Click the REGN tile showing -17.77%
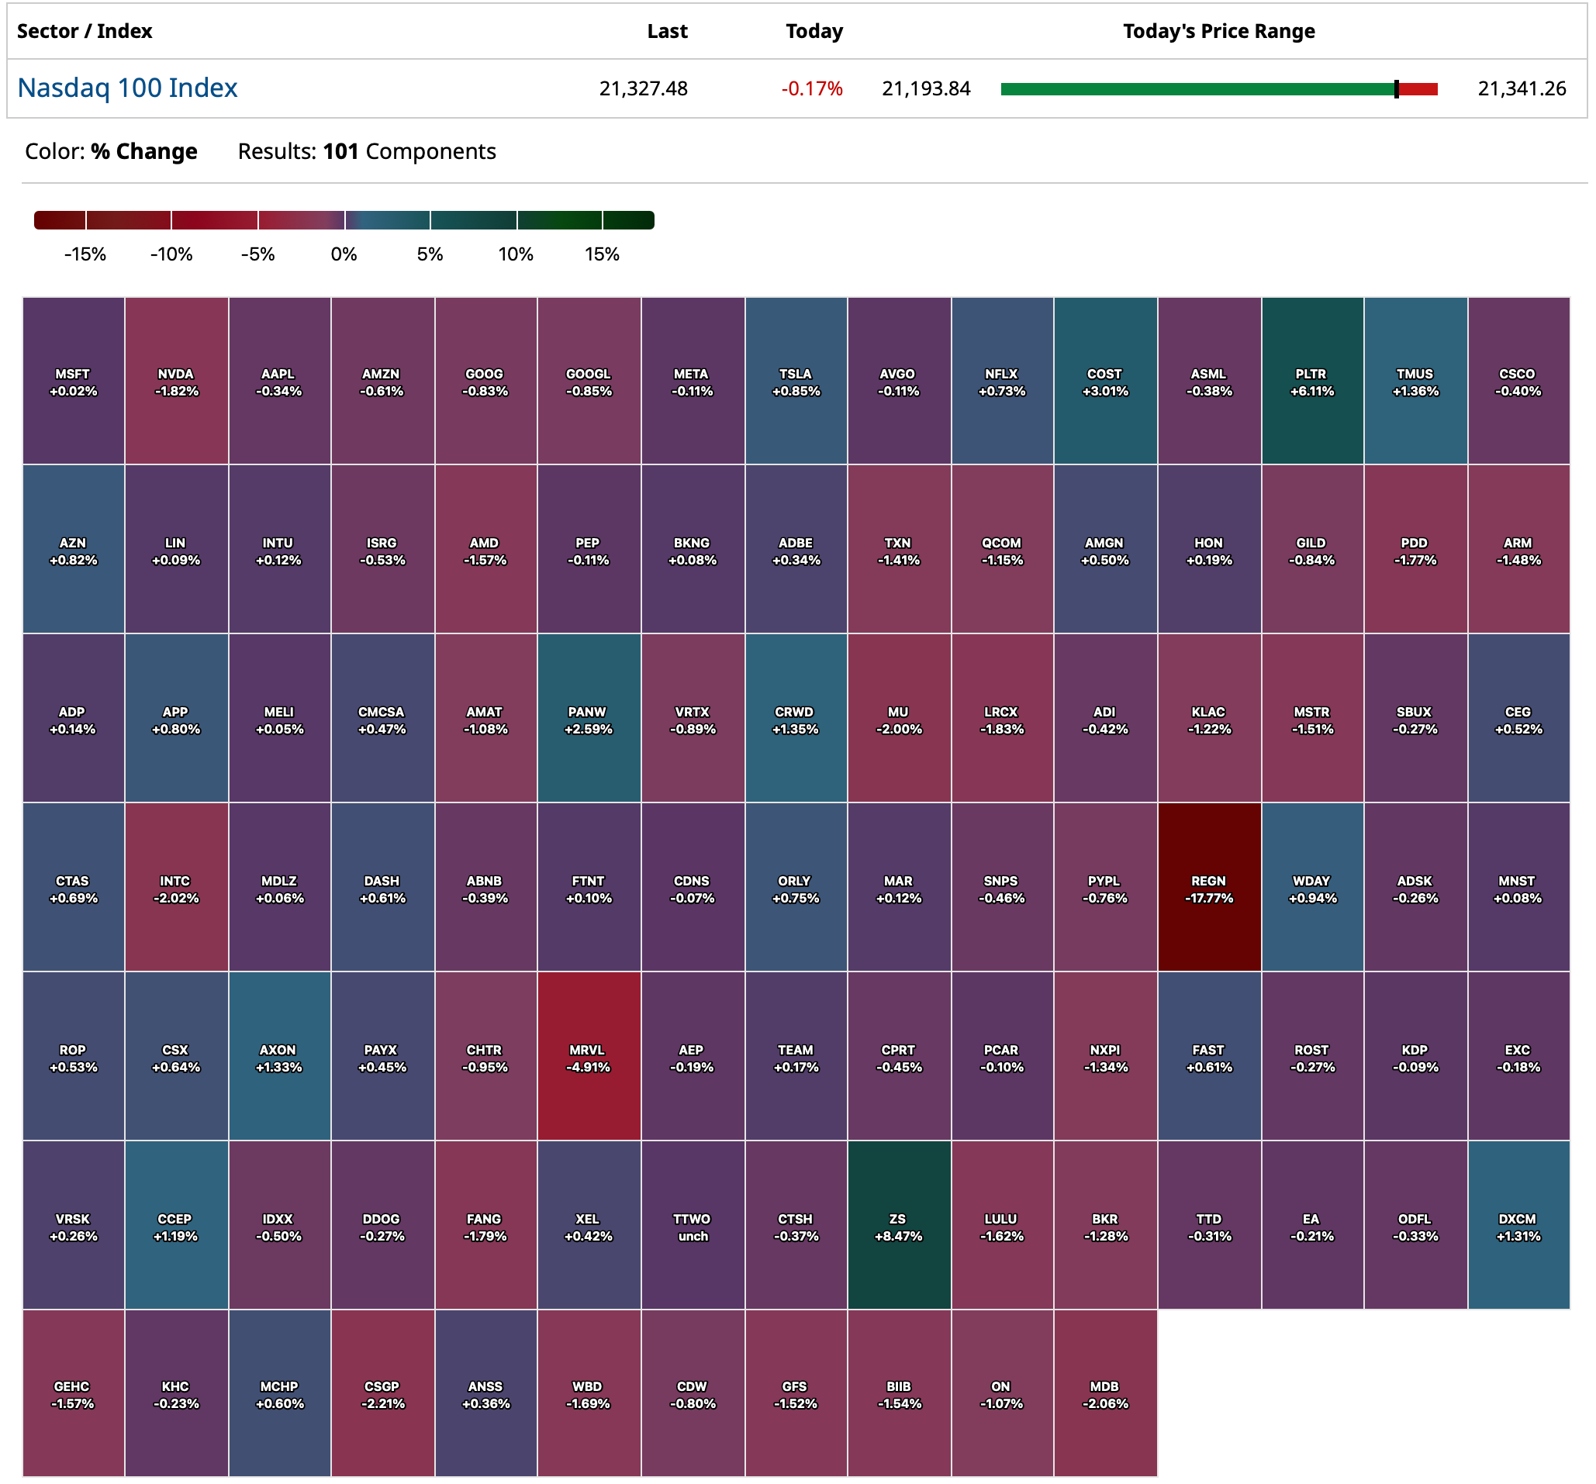pyautogui.click(x=1208, y=887)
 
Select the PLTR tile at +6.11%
pyautogui.click(x=1312, y=381)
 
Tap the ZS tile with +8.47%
pyautogui.click(x=898, y=1225)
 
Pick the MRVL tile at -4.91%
pyautogui.click(x=589, y=1056)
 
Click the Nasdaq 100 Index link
pyautogui.click(x=128, y=88)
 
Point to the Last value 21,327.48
pyautogui.click(x=643, y=88)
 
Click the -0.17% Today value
pyautogui.click(x=812, y=88)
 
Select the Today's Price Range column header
pyautogui.click(x=1218, y=31)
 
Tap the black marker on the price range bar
pyautogui.click(x=1396, y=89)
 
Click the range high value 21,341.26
pyautogui.click(x=1522, y=88)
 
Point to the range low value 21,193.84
pyautogui.click(x=926, y=88)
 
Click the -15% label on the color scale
pyautogui.click(x=85, y=254)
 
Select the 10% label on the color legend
pyautogui.click(x=516, y=254)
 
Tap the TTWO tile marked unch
pyautogui.click(x=692, y=1225)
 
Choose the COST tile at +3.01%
pyautogui.click(x=1104, y=381)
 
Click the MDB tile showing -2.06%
pyautogui.click(x=1104, y=1393)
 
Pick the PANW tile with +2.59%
pyautogui.click(x=589, y=718)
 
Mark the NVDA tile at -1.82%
pyautogui.click(x=176, y=381)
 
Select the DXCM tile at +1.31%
pyautogui.click(x=1518, y=1225)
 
